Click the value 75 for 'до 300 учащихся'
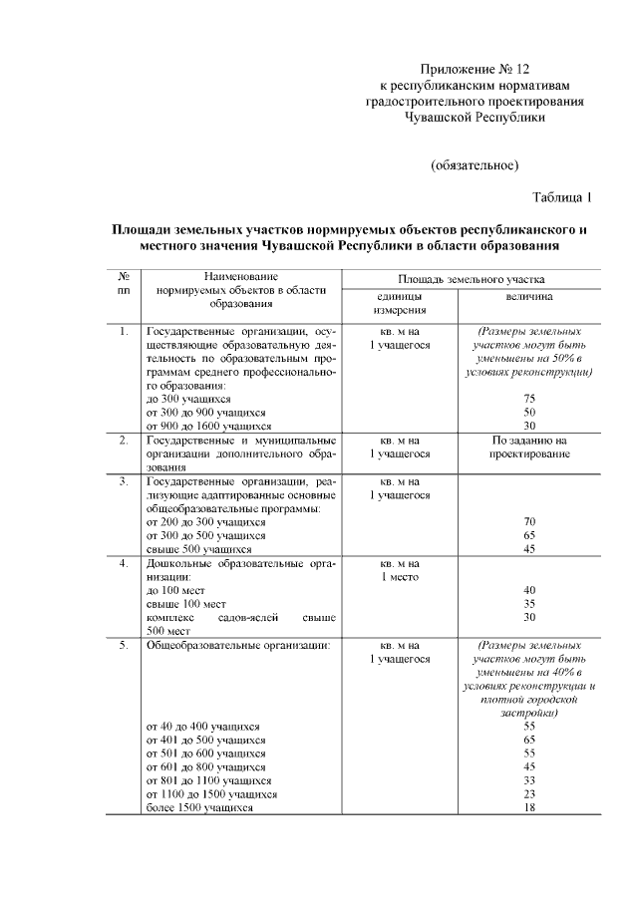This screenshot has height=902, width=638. point(529,399)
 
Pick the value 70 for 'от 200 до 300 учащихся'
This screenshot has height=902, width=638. point(529,521)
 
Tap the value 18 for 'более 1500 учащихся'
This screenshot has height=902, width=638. point(529,808)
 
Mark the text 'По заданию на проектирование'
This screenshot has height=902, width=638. point(529,447)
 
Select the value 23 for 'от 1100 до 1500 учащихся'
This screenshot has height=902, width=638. point(529,794)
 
